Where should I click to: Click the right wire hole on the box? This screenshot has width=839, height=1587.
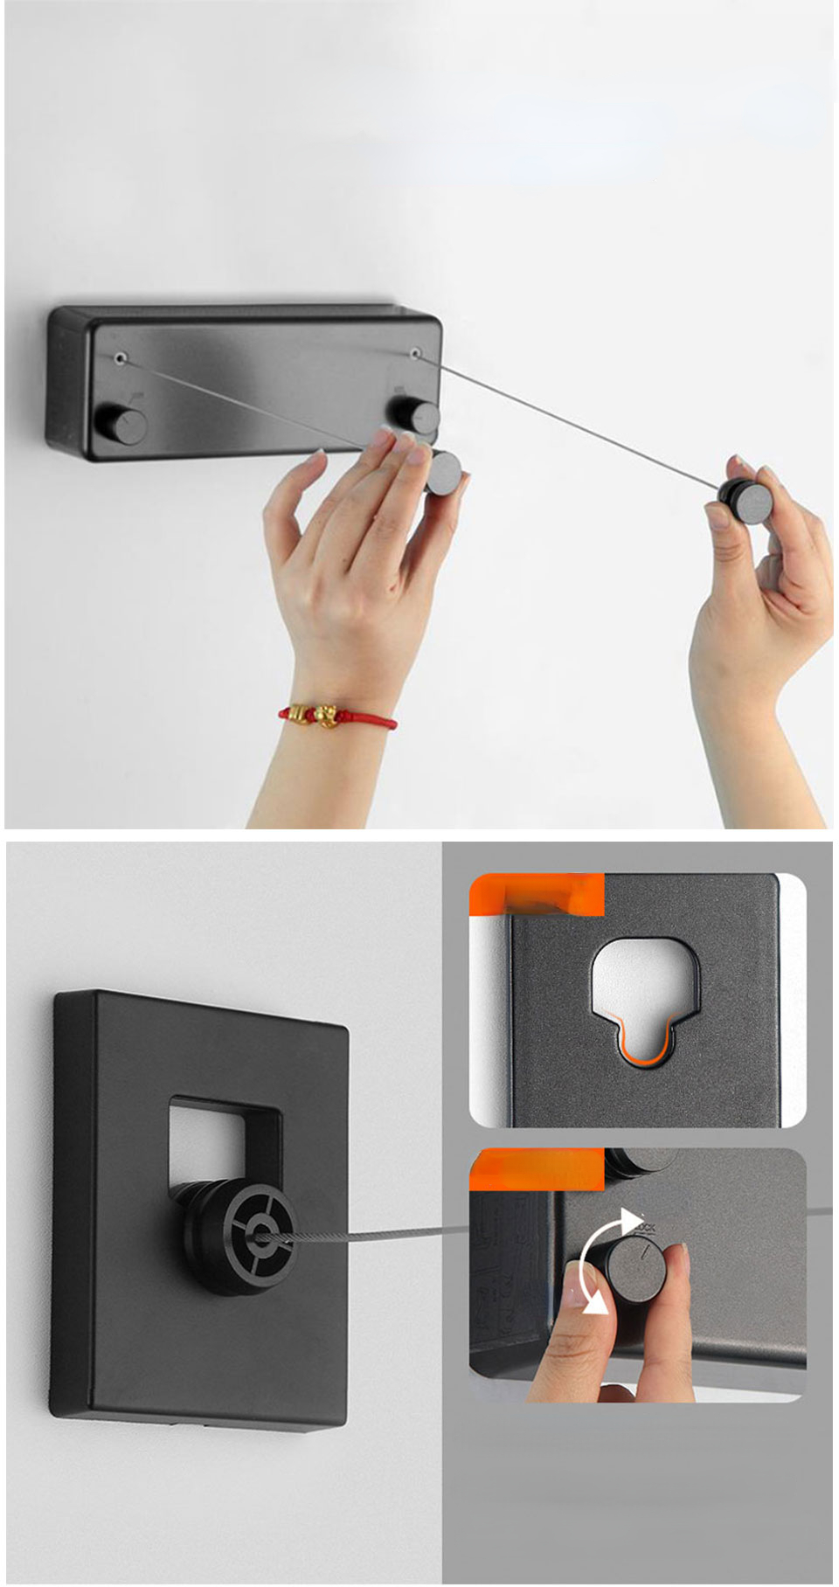click(416, 353)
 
